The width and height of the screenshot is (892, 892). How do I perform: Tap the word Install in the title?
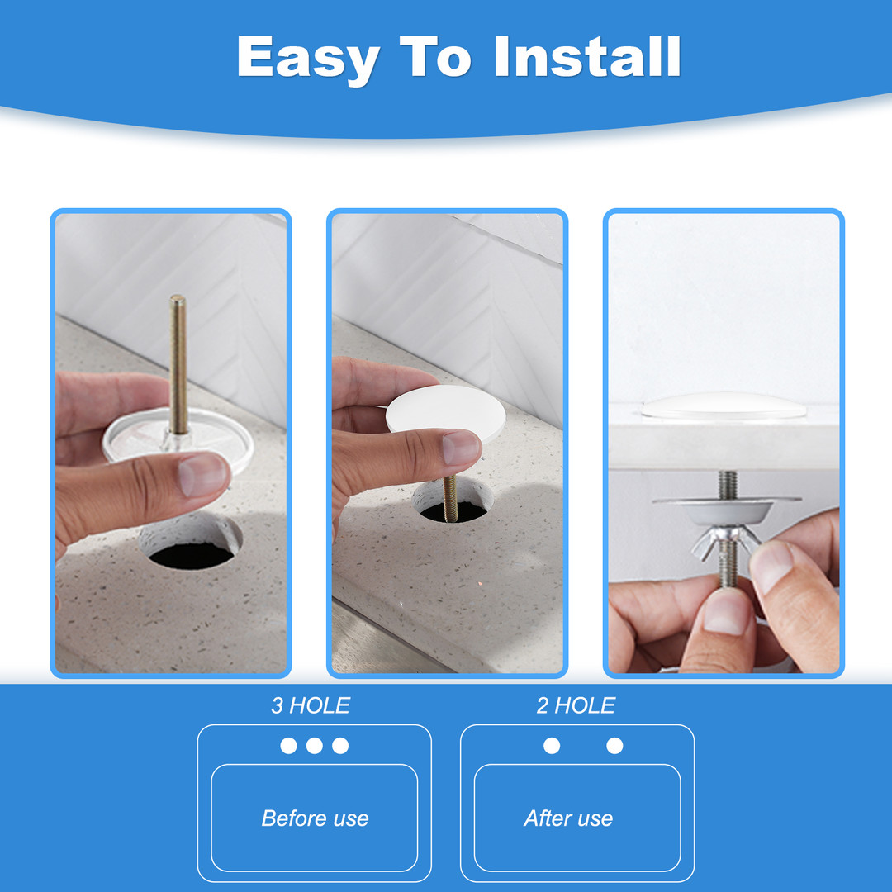[587, 56]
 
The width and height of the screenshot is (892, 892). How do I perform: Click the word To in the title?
[436, 56]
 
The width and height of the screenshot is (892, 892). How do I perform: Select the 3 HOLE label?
[311, 706]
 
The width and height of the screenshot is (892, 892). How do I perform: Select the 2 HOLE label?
[576, 706]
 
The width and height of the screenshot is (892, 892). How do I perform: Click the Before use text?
[315, 818]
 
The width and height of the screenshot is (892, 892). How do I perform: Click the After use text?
[568, 818]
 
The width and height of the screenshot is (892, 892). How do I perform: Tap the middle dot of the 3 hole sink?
[315, 746]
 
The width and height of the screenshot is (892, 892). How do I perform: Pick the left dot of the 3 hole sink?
[288, 746]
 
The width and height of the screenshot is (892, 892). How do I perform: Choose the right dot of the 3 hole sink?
[340, 746]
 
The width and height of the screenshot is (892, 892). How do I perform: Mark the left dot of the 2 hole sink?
[552, 746]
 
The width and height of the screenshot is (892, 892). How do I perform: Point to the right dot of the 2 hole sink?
[614, 746]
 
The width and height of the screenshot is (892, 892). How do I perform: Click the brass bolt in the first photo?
[178, 365]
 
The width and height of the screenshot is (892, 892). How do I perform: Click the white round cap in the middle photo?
[445, 411]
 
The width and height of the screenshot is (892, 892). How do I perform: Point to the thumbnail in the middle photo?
[461, 448]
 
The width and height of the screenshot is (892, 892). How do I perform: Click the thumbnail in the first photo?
[203, 473]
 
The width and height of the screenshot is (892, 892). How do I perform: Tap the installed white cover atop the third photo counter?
[724, 405]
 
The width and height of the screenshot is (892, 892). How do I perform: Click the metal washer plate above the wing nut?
[727, 509]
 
